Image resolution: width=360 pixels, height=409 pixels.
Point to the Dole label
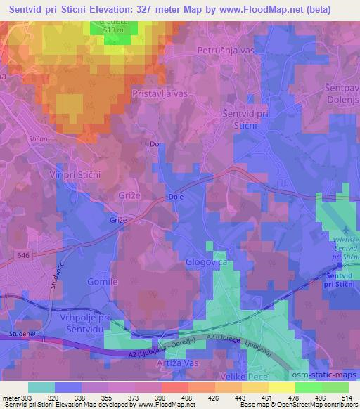(x=176, y=197)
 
